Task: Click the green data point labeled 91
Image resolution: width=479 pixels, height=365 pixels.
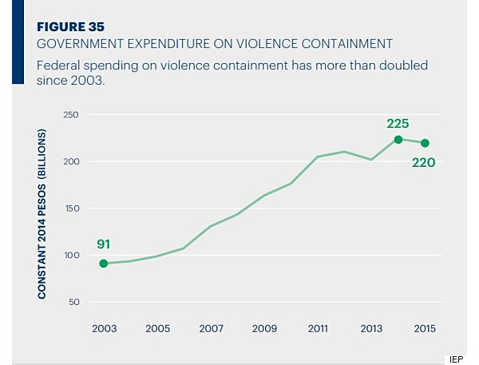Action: click(x=104, y=264)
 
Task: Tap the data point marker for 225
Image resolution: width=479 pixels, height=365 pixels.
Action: click(x=398, y=140)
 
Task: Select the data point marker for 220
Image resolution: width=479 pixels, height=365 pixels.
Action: click(x=425, y=143)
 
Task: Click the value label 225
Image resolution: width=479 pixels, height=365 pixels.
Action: click(x=398, y=124)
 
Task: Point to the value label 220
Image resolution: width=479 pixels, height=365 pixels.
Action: click(x=423, y=162)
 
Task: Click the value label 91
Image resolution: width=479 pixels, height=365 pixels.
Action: click(x=103, y=244)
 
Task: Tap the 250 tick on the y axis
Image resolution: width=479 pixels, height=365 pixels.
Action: click(x=71, y=115)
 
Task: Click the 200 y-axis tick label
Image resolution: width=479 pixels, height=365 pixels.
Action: click(x=71, y=161)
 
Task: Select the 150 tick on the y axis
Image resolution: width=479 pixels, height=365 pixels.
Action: click(x=71, y=208)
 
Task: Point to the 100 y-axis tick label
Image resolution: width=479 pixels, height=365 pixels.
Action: click(x=72, y=255)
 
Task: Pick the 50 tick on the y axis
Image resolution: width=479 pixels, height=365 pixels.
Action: click(x=74, y=302)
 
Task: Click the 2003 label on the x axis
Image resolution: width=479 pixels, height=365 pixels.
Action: click(x=104, y=328)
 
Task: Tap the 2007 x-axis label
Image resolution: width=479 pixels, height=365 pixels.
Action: click(x=211, y=328)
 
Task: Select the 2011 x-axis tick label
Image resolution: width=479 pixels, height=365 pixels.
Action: click(x=318, y=328)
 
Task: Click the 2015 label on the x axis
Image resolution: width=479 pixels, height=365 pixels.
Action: click(x=425, y=328)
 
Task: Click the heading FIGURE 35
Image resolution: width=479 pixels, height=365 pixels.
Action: click(x=70, y=27)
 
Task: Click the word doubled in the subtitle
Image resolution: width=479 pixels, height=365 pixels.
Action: click(x=403, y=65)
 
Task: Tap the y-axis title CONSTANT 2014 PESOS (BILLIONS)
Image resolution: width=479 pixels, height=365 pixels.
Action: click(x=42, y=214)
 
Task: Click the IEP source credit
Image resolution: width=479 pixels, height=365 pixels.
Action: click(x=456, y=359)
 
